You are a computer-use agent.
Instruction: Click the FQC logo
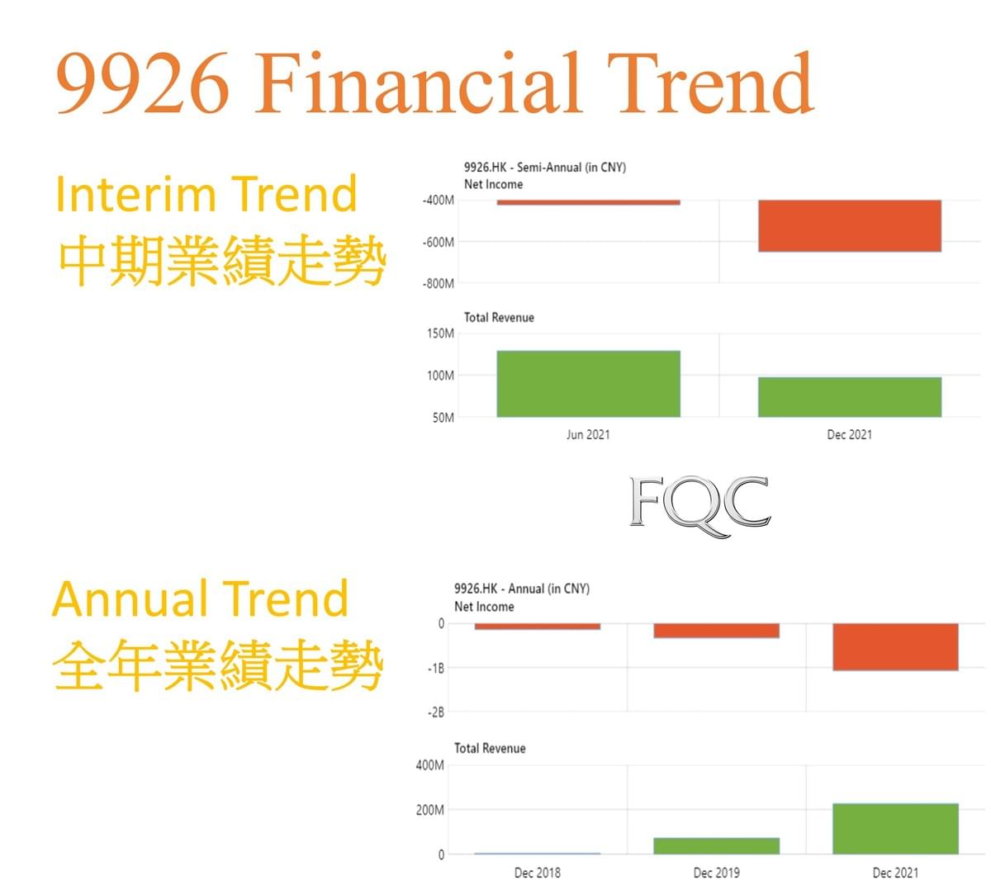tap(699, 505)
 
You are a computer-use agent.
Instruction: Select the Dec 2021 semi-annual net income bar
tap(850, 225)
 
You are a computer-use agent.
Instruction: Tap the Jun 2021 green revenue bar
tap(589, 383)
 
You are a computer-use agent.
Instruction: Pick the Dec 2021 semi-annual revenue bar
tap(850, 396)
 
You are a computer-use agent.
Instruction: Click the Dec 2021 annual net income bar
tap(895, 646)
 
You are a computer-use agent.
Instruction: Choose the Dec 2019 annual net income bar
tap(716, 630)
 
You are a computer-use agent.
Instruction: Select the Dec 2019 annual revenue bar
tap(716, 845)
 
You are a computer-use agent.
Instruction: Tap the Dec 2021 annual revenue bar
tap(895, 828)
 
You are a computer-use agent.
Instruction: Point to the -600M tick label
tap(439, 242)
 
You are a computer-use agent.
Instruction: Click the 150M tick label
tap(440, 334)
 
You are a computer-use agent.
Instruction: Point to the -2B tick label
tap(436, 712)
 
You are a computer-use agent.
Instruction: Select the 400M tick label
tap(430, 765)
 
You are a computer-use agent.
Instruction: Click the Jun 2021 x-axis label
tap(589, 434)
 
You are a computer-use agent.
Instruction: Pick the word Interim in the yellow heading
tap(135, 194)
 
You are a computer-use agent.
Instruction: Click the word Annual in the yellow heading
tap(130, 598)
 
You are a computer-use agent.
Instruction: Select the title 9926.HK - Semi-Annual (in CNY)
tap(545, 168)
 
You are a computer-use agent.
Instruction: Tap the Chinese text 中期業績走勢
tap(222, 259)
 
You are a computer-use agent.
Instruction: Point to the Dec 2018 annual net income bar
tap(537, 626)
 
